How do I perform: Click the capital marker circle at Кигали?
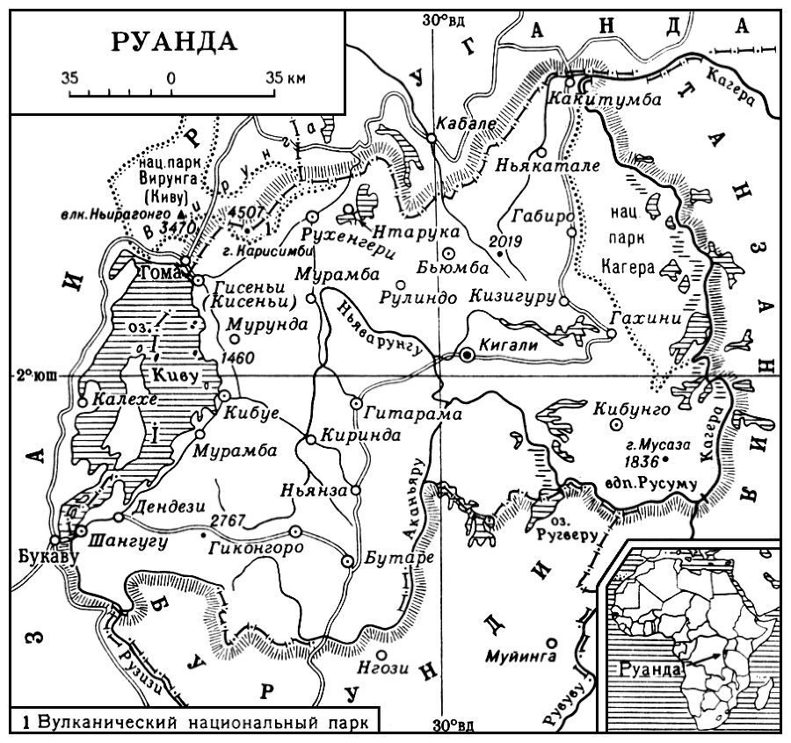coord(468,354)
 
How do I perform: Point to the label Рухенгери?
coord(335,234)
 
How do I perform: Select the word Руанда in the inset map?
coord(650,668)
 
